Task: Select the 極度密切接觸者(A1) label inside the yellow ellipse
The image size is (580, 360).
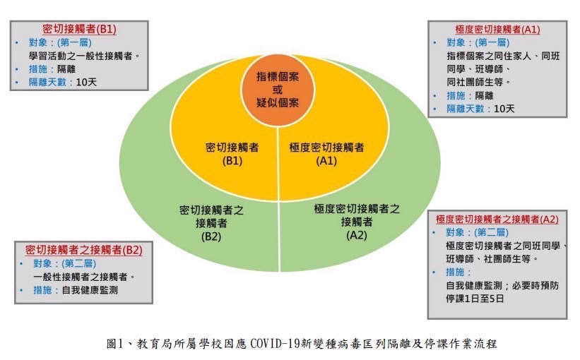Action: [x=326, y=153]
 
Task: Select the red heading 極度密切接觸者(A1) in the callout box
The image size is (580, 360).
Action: [x=497, y=30]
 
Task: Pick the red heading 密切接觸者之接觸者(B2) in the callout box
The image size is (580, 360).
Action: [x=84, y=250]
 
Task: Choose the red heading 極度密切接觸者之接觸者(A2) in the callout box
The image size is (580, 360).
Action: [x=497, y=220]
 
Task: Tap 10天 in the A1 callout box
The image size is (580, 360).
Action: [x=504, y=109]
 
